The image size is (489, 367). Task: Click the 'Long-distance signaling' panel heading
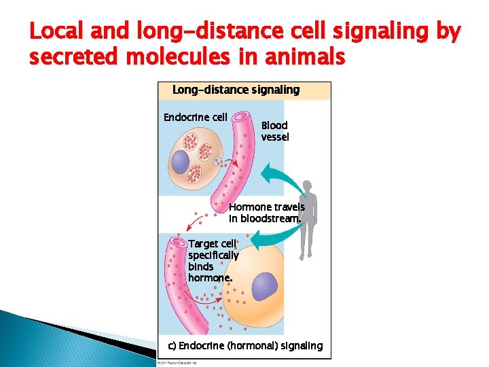click(236, 90)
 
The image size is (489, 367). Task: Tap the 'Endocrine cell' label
click(196, 118)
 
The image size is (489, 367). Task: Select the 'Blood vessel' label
click(275, 131)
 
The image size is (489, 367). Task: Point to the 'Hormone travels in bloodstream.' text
click(267, 213)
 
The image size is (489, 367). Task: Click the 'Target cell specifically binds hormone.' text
click(213, 260)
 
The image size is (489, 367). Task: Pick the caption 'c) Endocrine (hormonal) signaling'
click(245, 346)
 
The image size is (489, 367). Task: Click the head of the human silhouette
click(310, 186)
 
